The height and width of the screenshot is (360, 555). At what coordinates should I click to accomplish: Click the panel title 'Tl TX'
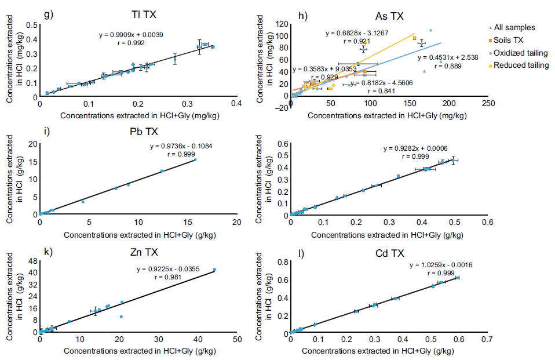click(x=142, y=14)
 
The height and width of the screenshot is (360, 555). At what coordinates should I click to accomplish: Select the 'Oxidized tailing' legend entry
click(x=517, y=53)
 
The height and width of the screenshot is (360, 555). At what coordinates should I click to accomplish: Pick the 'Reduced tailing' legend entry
click(x=517, y=66)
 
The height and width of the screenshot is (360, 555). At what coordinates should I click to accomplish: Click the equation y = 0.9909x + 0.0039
click(x=133, y=35)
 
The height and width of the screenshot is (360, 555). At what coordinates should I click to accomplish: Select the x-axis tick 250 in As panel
click(x=488, y=104)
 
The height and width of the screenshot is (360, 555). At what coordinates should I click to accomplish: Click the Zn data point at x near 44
click(x=214, y=270)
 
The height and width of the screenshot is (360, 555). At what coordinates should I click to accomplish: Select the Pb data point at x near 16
click(x=195, y=159)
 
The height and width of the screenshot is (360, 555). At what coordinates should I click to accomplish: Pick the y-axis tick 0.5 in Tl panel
click(x=31, y=25)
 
